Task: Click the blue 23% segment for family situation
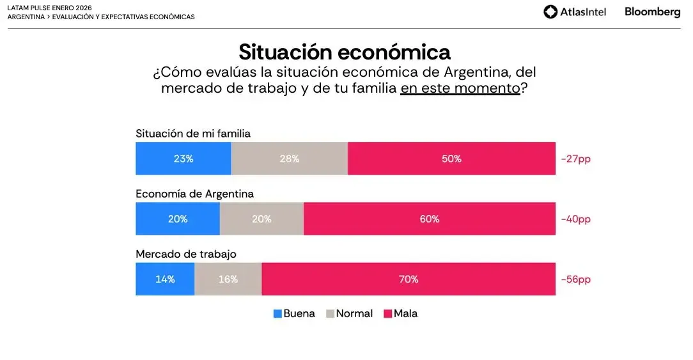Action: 183,159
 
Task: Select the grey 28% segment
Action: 290,159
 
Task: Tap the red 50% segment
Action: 451,159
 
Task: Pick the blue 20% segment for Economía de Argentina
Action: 178,219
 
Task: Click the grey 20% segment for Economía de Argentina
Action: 261,219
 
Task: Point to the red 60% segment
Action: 430,219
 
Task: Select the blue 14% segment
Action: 165,279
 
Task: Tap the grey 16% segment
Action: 228,279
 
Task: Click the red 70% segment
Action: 409,279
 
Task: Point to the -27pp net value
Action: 575,159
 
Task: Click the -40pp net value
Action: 575,219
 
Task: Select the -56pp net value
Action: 575,279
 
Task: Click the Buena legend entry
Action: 294,314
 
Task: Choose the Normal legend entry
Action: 349,314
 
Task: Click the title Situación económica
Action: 345,52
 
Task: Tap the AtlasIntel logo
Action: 575,12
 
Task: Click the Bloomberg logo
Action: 652,12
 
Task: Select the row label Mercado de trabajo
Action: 186,254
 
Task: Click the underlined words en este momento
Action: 460,88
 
